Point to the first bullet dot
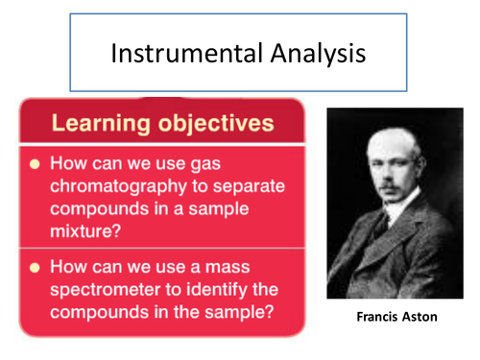[x=33, y=163]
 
